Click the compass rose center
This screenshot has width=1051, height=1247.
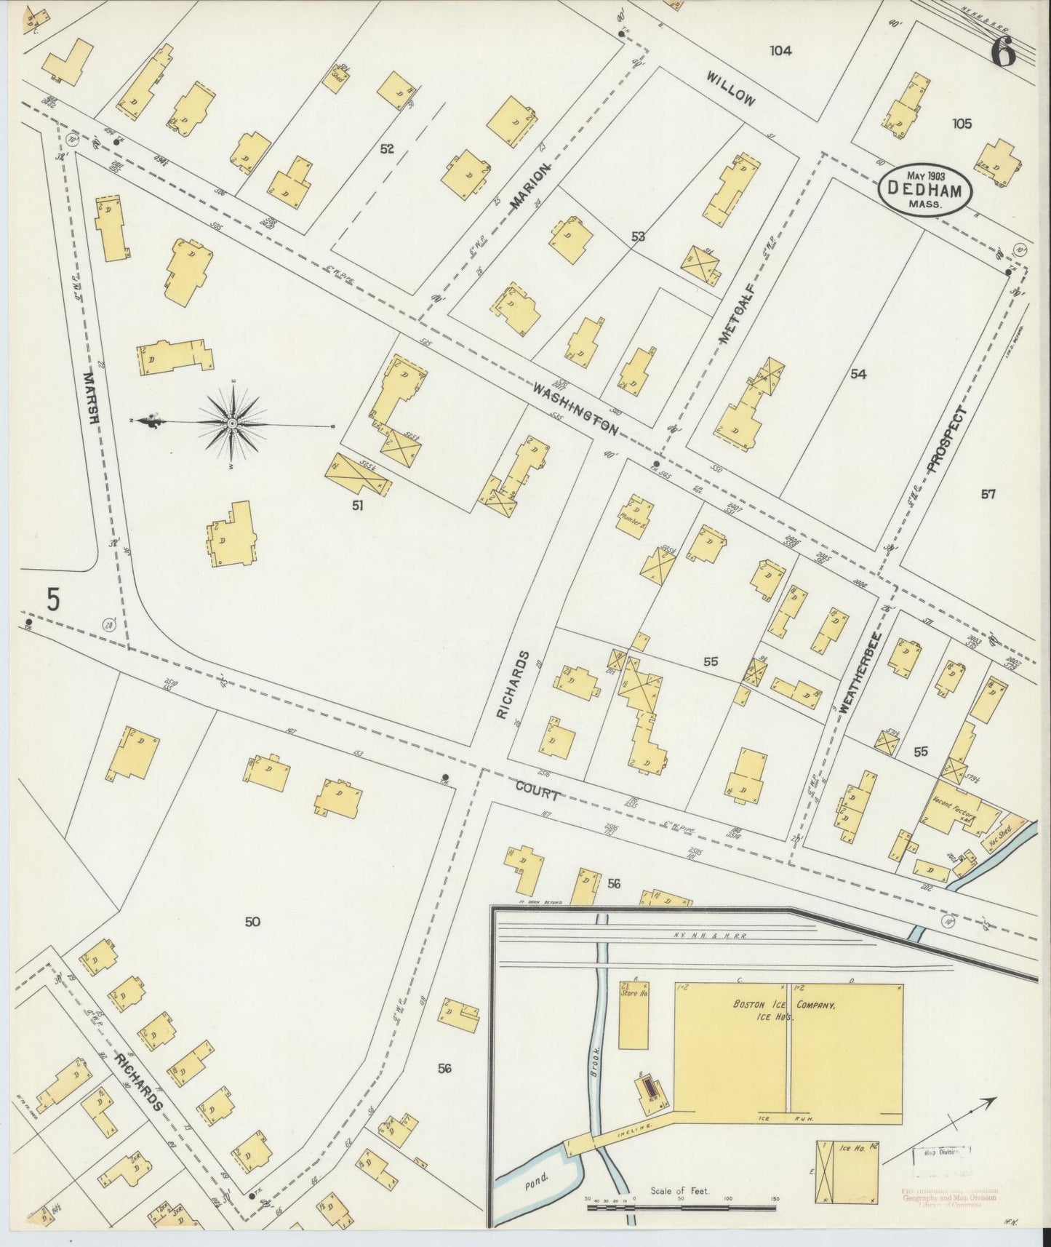pos(231,423)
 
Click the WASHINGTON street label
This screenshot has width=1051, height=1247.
pos(575,409)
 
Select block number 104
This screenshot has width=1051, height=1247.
pos(780,50)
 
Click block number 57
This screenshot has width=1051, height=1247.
pos(987,495)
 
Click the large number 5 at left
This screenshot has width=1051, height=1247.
pos(52,599)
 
